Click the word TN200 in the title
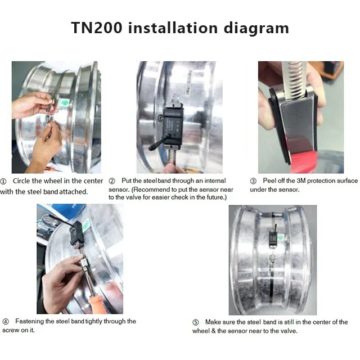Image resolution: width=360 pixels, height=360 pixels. point(97,28)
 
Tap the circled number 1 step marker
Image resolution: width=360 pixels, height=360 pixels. point(3,181)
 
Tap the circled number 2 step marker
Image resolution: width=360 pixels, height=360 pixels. point(112,181)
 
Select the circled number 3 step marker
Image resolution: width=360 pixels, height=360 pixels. point(253,181)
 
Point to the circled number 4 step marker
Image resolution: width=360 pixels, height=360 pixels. point(6,321)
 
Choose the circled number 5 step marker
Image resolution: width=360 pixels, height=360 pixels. point(196,322)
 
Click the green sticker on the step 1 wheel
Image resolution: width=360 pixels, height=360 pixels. point(65,103)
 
